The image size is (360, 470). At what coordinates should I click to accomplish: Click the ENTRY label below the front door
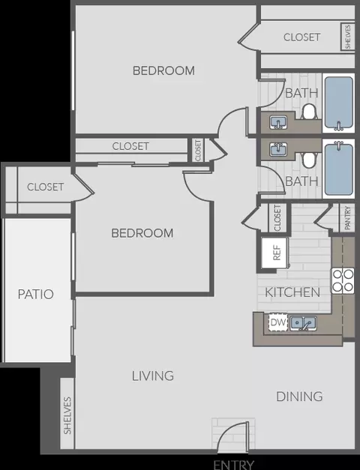coord(234,465)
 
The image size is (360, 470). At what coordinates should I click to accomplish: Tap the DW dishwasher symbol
coord(277,322)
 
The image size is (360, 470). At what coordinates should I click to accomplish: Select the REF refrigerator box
coord(275,253)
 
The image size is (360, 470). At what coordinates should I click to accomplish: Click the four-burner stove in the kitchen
coord(342,281)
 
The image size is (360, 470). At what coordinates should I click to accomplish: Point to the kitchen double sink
coord(303,323)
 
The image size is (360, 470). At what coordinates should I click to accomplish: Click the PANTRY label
coord(347,217)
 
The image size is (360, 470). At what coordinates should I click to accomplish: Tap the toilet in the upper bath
coord(309,112)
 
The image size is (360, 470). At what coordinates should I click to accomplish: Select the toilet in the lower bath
coord(309,160)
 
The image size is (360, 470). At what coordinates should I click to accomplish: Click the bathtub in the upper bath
coord(339,103)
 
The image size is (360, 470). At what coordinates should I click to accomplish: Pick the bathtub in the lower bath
coord(339,169)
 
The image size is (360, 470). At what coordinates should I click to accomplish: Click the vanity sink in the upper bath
coord(278,123)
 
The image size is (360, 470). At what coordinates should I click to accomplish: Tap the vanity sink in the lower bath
coord(278,149)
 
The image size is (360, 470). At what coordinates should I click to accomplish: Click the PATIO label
coord(36,294)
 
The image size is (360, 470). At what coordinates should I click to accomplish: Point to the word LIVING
coord(153,376)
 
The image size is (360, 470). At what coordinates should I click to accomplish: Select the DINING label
coord(299,397)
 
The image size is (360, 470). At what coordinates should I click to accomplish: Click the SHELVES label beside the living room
coord(67,415)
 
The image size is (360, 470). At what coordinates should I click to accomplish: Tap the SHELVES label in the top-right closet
coord(348,37)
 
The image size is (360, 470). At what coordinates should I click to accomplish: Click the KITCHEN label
coord(292,292)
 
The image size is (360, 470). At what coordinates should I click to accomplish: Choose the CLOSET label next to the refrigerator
coord(277,218)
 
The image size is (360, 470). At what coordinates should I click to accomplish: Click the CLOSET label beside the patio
coord(45,187)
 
